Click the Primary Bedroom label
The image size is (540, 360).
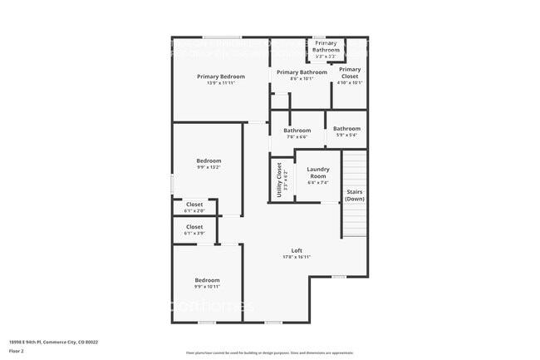(x=220, y=76)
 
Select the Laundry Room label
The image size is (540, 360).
(x=318, y=173)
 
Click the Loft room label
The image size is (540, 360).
(x=297, y=251)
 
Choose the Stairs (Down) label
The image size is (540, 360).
(x=355, y=195)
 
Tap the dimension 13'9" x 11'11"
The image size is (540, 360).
(x=220, y=83)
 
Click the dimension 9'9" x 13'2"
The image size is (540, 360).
(x=209, y=167)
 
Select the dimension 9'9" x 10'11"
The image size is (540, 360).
(x=207, y=287)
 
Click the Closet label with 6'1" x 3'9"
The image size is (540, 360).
(x=194, y=226)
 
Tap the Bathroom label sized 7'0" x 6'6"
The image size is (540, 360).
(x=297, y=131)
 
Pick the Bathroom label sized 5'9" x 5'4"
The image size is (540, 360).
(x=346, y=129)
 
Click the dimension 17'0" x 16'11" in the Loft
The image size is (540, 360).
(x=297, y=258)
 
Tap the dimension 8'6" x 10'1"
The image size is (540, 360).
(x=302, y=80)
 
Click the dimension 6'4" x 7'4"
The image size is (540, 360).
(x=318, y=182)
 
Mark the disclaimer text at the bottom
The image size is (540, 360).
(x=269, y=352)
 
